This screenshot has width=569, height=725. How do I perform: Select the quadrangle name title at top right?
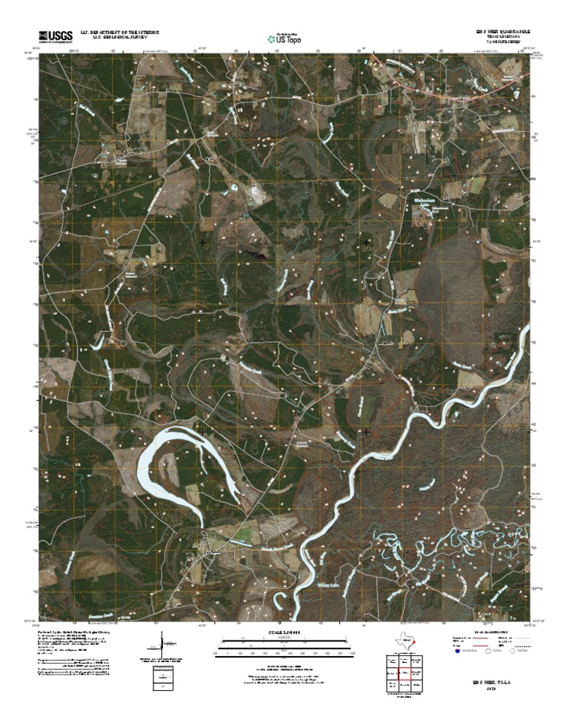click(504, 31)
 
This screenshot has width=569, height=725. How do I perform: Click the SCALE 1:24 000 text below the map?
click(284, 632)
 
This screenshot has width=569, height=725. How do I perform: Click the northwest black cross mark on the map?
click(202, 241)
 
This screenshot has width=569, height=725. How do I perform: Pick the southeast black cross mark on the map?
click(367, 430)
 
